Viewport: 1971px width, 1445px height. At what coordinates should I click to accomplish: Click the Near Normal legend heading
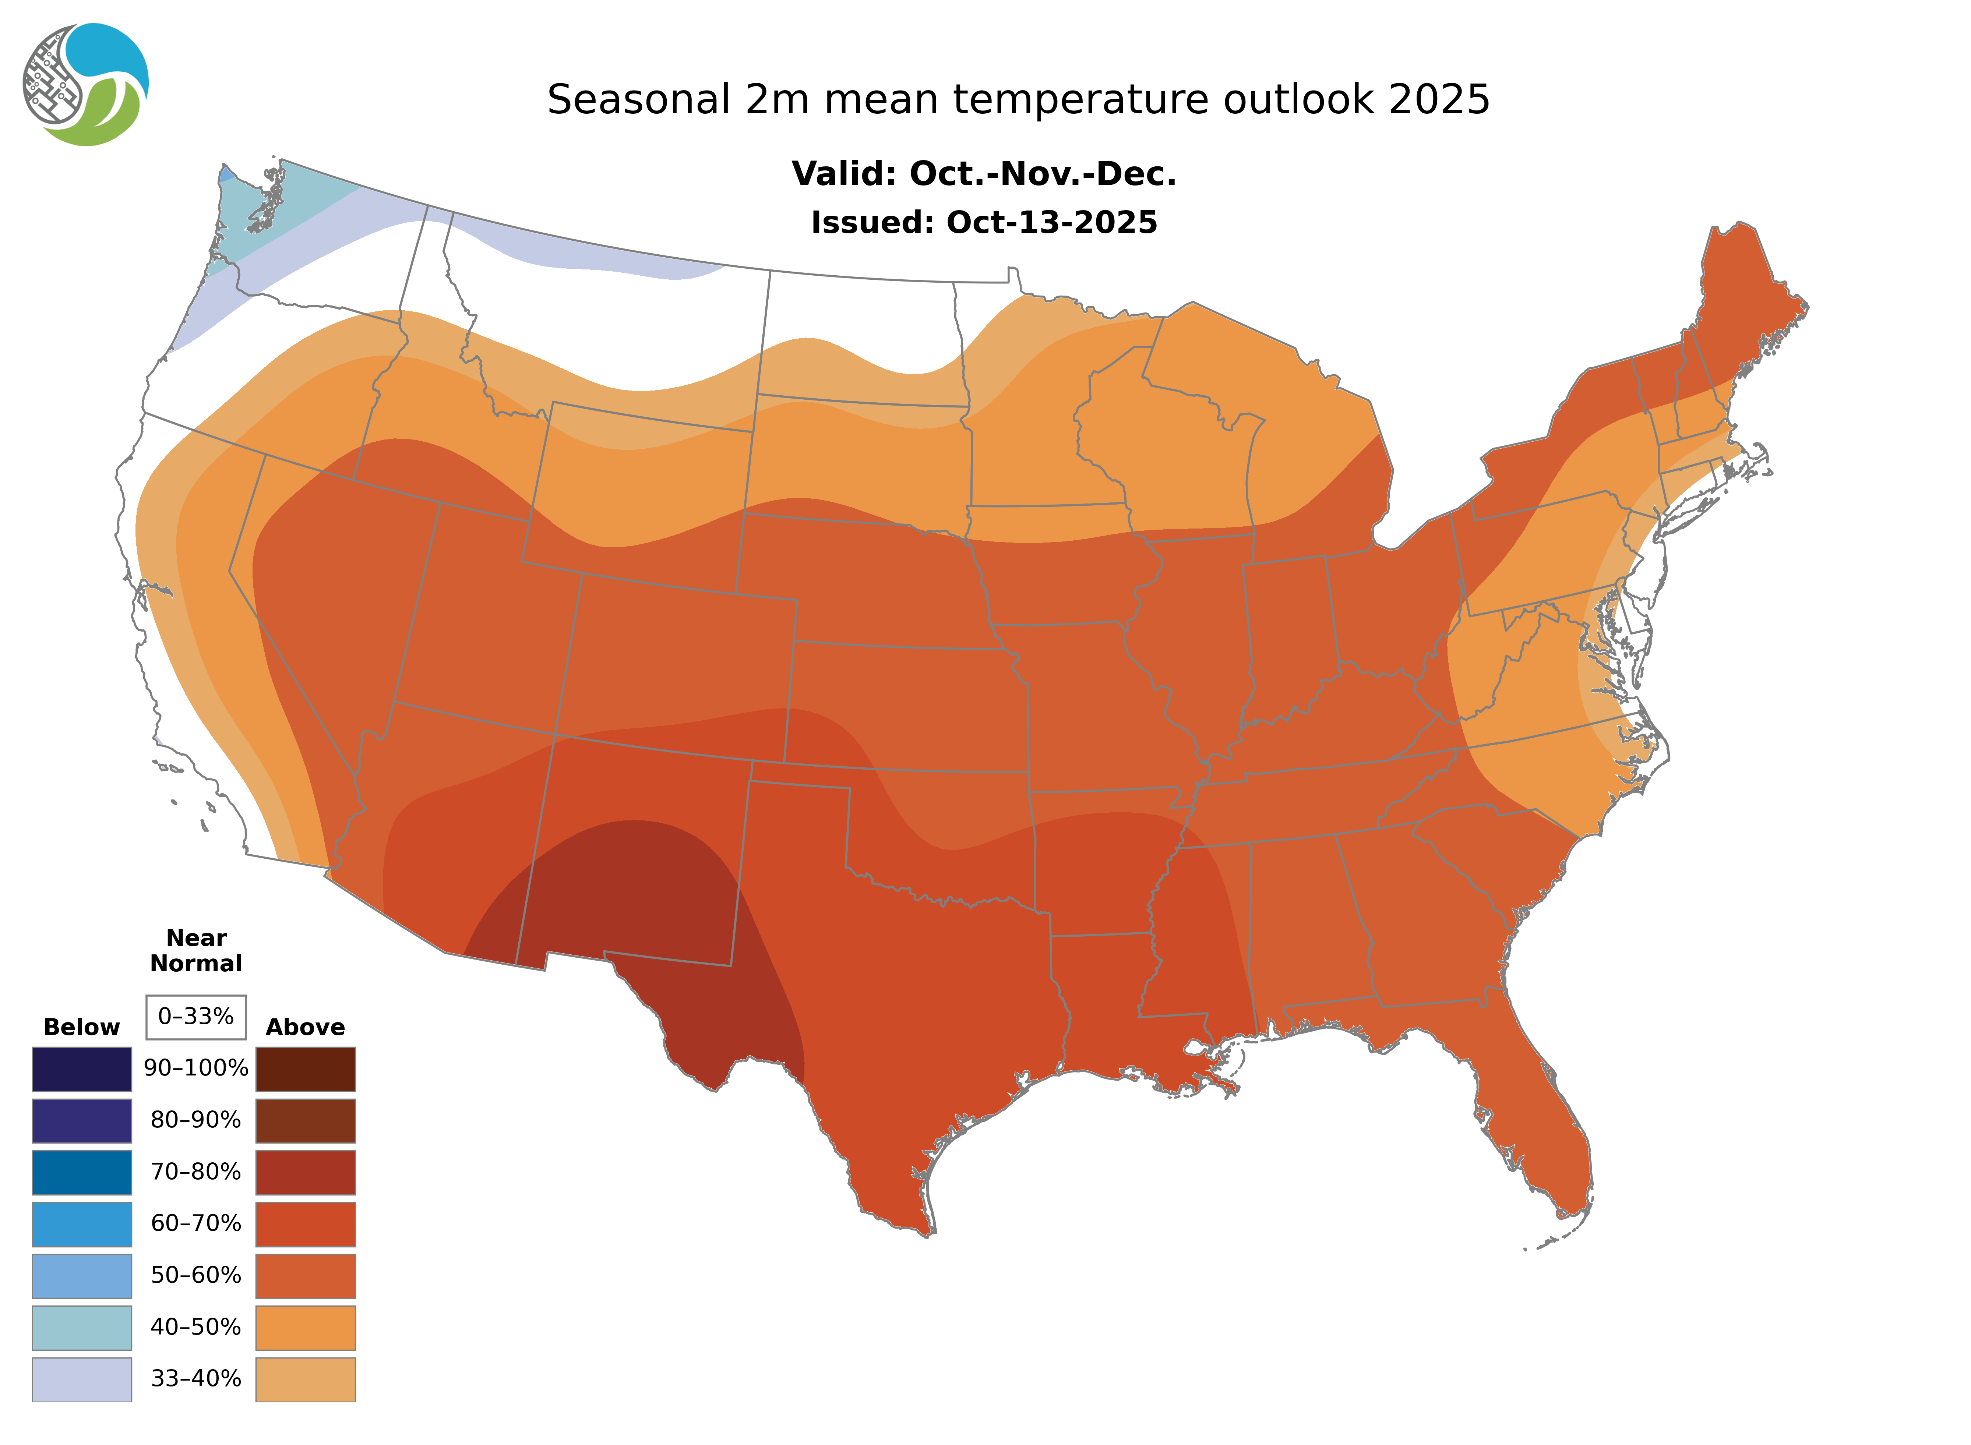click(196, 951)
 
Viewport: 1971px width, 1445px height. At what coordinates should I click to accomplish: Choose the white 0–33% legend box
click(196, 1017)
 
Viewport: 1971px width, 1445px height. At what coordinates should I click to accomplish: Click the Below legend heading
click(81, 1027)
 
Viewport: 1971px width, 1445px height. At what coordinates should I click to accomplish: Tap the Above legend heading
click(305, 1027)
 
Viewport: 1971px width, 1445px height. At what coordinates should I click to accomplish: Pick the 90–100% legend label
click(196, 1068)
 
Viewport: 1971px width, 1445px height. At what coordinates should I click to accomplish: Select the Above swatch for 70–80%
click(305, 1172)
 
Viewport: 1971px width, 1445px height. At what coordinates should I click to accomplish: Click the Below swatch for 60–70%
click(81, 1224)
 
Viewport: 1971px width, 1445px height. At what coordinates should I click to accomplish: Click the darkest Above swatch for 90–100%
click(305, 1069)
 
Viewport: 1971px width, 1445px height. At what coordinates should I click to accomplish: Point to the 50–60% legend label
click(196, 1275)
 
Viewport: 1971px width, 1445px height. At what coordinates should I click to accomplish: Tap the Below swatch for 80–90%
click(81, 1120)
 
